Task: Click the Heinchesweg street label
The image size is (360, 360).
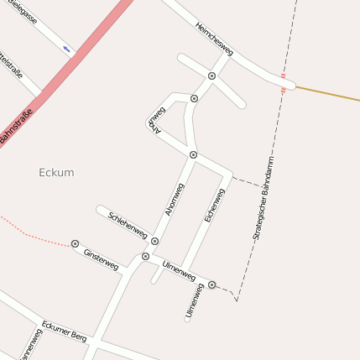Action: (x=214, y=40)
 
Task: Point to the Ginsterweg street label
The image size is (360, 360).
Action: (x=101, y=258)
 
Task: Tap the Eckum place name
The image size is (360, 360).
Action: (x=56, y=172)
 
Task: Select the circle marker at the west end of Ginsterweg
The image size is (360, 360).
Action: (x=76, y=244)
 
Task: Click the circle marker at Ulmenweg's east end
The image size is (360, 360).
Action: (x=211, y=285)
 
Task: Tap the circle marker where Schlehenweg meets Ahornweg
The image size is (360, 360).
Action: (x=154, y=241)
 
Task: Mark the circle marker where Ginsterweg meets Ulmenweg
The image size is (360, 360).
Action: (x=145, y=256)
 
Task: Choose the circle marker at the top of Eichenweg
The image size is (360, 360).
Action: (x=193, y=155)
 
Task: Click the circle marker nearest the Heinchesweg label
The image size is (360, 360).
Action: (x=212, y=76)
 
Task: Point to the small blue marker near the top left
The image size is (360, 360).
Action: (x=66, y=50)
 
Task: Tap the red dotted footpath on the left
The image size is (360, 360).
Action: (x=34, y=236)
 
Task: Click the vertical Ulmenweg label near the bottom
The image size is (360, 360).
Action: (x=194, y=302)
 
